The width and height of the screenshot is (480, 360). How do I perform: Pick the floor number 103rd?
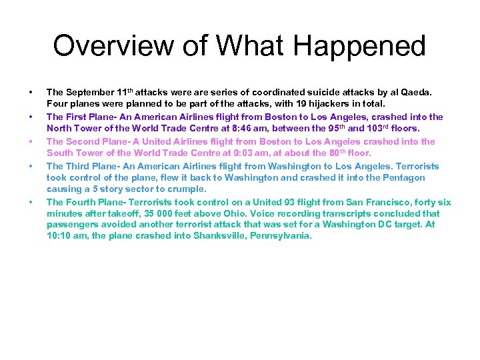click(x=379, y=129)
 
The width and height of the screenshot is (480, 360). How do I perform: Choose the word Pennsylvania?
click(x=281, y=236)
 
